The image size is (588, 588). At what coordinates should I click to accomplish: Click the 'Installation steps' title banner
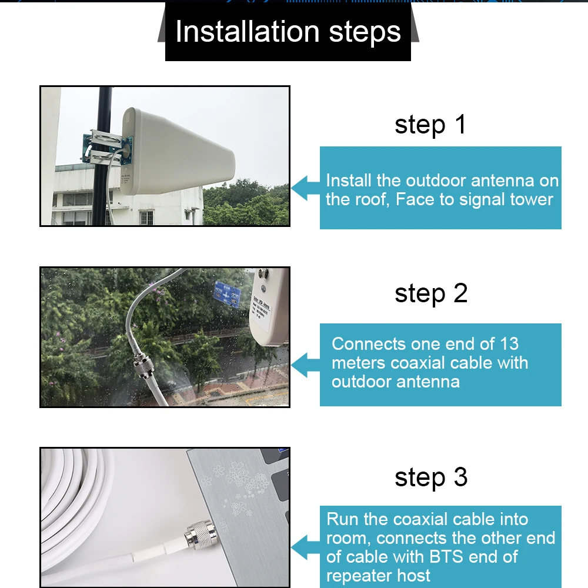pyautogui.click(x=288, y=31)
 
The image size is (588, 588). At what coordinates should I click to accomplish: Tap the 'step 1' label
pyautogui.click(x=430, y=124)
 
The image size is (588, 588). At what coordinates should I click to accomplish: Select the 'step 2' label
pyautogui.click(x=431, y=293)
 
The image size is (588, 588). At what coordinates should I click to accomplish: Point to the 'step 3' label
pyautogui.click(x=431, y=477)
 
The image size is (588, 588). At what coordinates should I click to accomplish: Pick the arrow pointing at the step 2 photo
pyautogui.click(x=305, y=365)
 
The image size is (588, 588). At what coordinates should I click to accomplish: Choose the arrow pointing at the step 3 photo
pyautogui.click(x=305, y=547)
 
